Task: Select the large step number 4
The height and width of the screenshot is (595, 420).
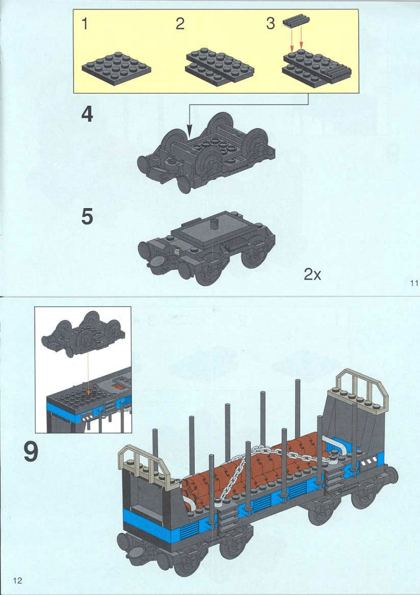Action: click(87, 115)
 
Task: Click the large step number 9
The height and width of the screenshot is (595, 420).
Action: click(31, 453)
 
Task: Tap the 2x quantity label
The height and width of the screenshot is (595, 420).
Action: click(313, 274)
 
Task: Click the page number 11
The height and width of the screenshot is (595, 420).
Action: click(414, 283)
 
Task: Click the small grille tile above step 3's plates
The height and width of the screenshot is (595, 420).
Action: click(296, 22)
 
